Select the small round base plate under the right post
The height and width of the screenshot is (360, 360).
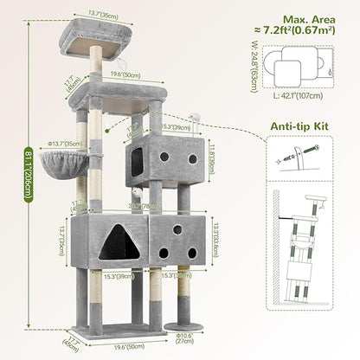tap(183, 327)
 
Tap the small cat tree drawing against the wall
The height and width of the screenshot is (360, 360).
tap(316, 268)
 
